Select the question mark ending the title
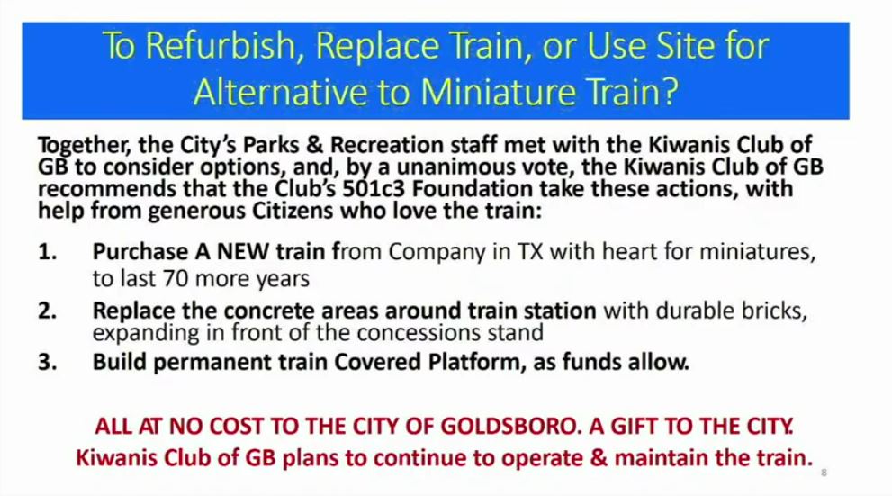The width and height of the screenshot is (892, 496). point(671,92)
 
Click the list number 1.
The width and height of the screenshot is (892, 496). point(47,252)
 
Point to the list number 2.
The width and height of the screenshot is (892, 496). point(47,311)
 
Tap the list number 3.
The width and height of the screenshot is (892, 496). point(47,363)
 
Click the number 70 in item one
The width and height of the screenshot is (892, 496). point(175,279)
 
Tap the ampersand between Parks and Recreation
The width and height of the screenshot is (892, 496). point(315,145)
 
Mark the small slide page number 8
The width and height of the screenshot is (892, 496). point(824,473)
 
